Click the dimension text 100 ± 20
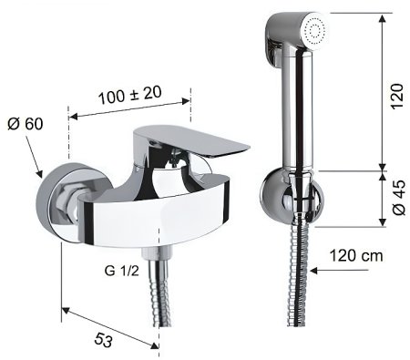(x=130, y=95)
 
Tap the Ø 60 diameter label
(x=26, y=124)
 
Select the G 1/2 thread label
(x=122, y=271)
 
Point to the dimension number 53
(x=103, y=340)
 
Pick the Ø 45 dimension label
(x=399, y=198)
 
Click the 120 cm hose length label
(x=356, y=256)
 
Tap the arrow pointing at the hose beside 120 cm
(x=340, y=270)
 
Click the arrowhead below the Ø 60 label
(x=39, y=174)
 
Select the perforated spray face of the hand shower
(x=315, y=31)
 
